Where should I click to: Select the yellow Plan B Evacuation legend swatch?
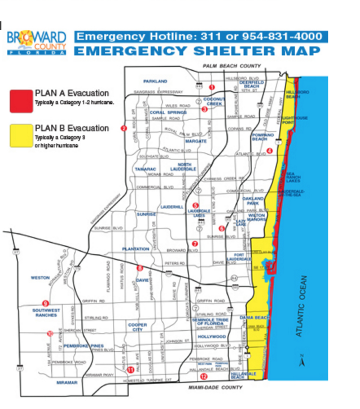[20, 135]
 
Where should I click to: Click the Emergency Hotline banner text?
[200, 37]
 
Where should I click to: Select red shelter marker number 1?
[212, 87]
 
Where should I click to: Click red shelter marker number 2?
[123, 129]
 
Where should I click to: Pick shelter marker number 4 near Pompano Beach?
[269, 151]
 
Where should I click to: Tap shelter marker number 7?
[194, 243]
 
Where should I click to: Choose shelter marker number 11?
[130, 369]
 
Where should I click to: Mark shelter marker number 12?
[204, 375]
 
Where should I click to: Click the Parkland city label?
[155, 81]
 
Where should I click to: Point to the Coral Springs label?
[168, 112]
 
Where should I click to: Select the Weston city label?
[40, 277]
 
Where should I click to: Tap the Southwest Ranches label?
[46, 313]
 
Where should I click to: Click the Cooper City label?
[137, 327]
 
